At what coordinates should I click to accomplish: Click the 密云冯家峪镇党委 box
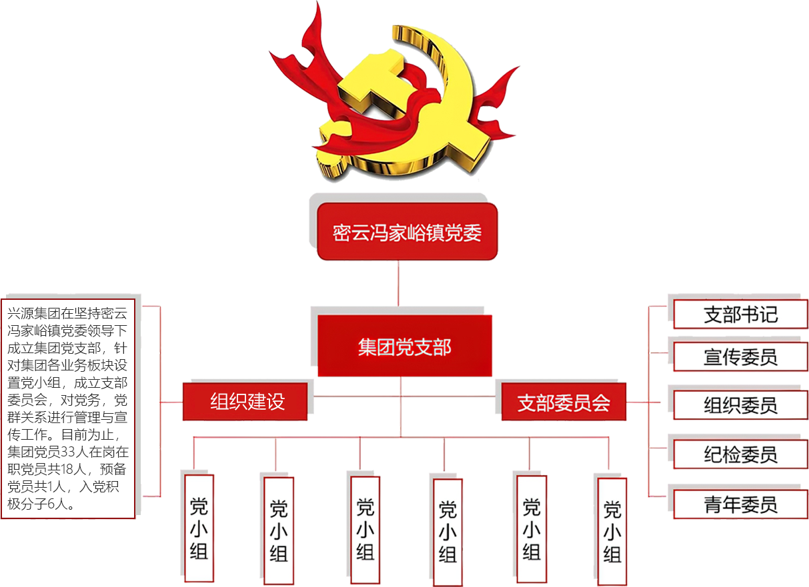(407, 233)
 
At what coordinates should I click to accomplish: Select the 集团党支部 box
(405, 346)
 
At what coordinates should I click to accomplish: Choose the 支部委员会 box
(564, 402)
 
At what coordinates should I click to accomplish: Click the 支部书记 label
(740, 314)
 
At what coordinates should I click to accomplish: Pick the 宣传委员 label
(740, 357)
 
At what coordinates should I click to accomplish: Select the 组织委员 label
(740, 405)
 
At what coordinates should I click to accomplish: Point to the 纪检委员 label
(740, 455)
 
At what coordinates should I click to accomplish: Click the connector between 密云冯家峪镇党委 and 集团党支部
(399, 287)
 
